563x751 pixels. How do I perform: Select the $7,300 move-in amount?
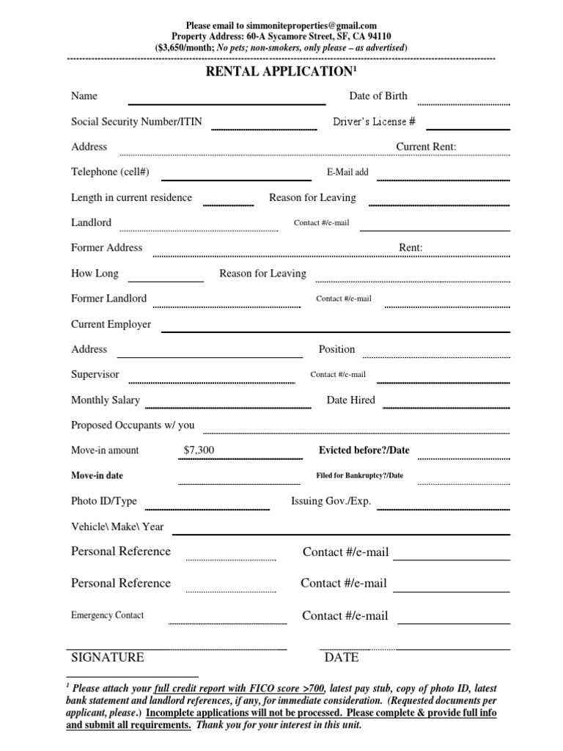pyautogui.click(x=199, y=450)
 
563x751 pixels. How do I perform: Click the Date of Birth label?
pyautogui.click(x=378, y=96)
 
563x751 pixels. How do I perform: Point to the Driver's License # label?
pyautogui.click(x=374, y=122)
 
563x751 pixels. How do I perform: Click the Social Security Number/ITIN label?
pyautogui.click(x=134, y=122)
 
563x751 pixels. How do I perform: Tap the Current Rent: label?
pyautogui.click(x=426, y=147)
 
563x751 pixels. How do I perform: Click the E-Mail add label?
pyautogui.click(x=347, y=172)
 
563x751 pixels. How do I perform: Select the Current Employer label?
pyautogui.click(x=111, y=324)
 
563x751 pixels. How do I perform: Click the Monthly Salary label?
pyautogui.click(x=105, y=400)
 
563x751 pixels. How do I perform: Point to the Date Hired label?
pyautogui.click(x=350, y=400)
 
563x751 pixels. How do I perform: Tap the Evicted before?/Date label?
pyautogui.click(x=364, y=450)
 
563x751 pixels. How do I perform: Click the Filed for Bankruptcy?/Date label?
pyautogui.click(x=359, y=476)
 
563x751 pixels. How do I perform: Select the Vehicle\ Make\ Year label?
pyautogui.click(x=117, y=527)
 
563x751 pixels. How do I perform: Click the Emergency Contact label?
pyautogui.click(x=107, y=615)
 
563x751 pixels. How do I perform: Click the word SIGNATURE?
pyautogui.click(x=107, y=657)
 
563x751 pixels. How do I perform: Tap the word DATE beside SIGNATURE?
pyautogui.click(x=342, y=657)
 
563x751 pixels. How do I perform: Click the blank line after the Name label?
pyautogui.click(x=227, y=103)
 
